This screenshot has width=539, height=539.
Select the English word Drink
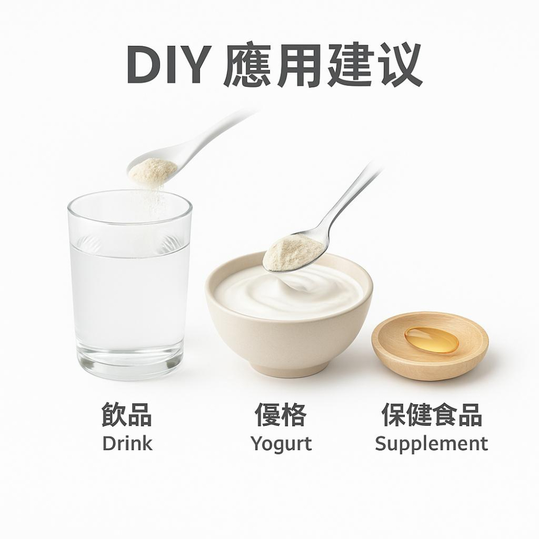pos(127,444)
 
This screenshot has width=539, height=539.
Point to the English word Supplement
pos(431,444)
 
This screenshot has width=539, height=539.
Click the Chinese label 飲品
pos(127,416)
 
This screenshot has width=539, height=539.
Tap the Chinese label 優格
pos(281,416)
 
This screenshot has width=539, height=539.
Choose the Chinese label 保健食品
pos(431,416)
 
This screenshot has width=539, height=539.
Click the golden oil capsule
pos(431,340)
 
